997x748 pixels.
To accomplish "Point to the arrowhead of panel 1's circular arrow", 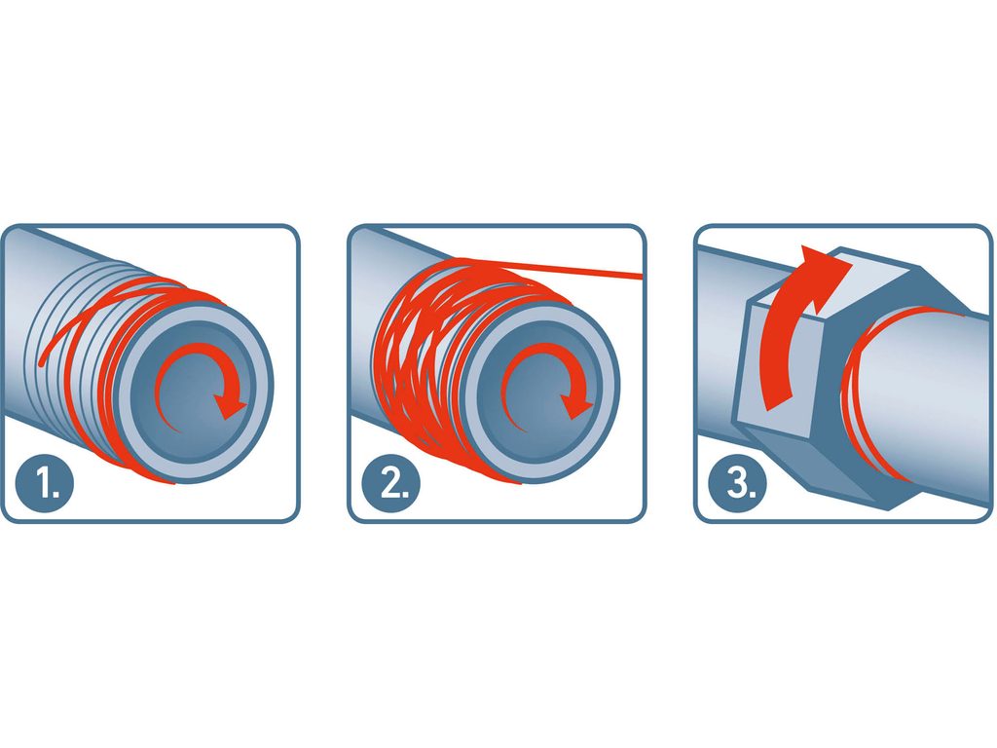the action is coord(230,407).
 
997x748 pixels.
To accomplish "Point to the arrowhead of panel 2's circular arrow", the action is coord(576,407).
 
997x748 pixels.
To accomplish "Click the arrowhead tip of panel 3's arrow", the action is coord(852,262).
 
